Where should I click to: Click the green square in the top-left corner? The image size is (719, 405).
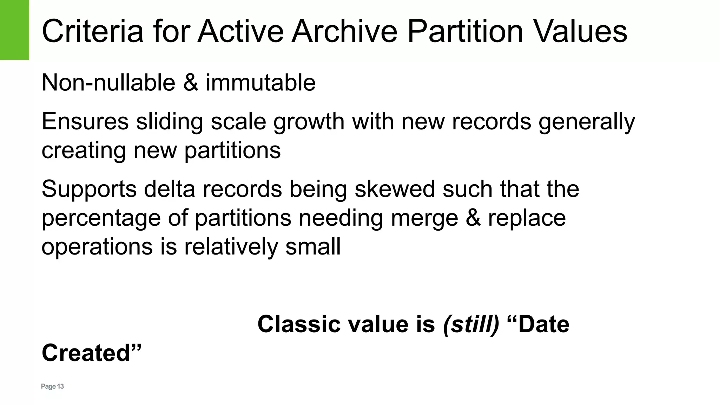[x=14, y=30]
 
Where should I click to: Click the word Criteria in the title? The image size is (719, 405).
[x=92, y=32]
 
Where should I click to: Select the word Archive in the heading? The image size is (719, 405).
[x=344, y=32]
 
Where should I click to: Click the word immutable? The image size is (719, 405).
[x=260, y=83]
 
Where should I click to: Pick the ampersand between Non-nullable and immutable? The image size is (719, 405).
[x=190, y=83]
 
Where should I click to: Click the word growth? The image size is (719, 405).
[x=309, y=122]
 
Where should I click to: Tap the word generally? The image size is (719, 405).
[x=587, y=122]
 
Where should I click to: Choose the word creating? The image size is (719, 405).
[x=84, y=150]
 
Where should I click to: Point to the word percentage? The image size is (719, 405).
[x=101, y=218]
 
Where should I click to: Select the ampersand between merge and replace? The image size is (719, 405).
[x=473, y=218]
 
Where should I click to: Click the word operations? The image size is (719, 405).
[x=97, y=247]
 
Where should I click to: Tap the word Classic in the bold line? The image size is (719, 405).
[x=297, y=324]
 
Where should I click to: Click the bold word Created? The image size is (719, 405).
[x=91, y=353]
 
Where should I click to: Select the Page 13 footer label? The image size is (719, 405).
[x=52, y=387]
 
